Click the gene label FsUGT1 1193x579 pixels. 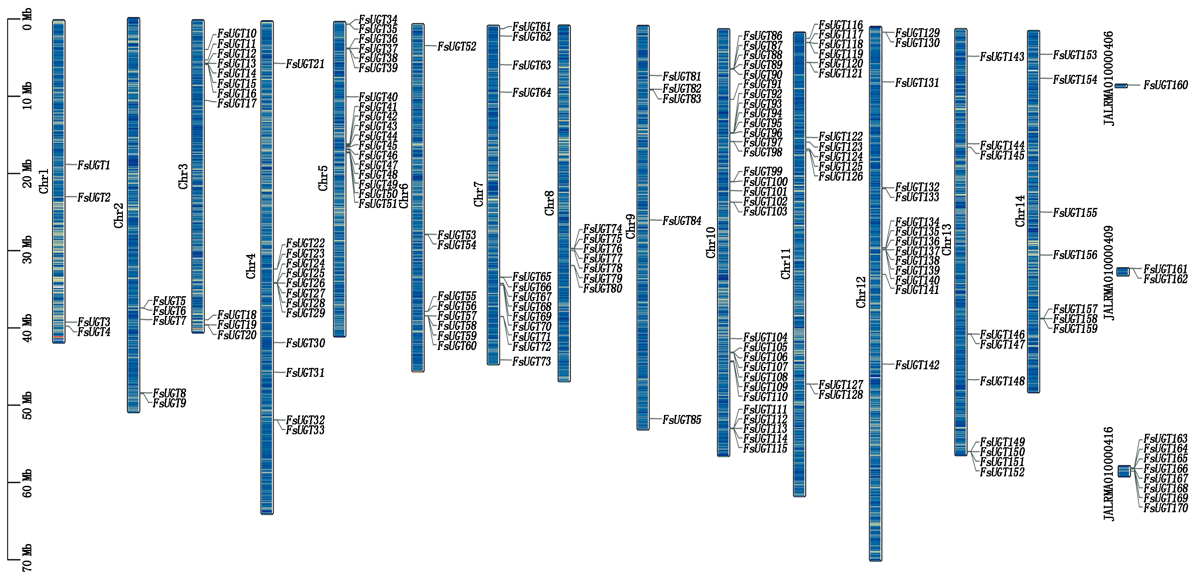pos(94,165)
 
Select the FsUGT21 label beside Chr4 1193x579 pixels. pos(305,64)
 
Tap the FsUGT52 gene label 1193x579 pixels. pos(457,46)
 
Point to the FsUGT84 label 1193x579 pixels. pos(682,221)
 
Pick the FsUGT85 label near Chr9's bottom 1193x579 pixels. pos(682,420)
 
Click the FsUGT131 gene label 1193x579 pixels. pos(917,83)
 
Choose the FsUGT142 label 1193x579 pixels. pos(917,365)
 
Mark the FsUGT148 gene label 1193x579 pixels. pos(1002,381)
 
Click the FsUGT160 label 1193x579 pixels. pos(1166,85)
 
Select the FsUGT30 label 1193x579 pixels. pos(305,343)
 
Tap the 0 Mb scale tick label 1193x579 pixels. pos(27,19)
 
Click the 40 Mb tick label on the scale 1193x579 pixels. pos(27,328)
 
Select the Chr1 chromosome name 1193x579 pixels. pos(43,181)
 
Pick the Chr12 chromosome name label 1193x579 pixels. pos(860,292)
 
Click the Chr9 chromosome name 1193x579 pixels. pos(630,226)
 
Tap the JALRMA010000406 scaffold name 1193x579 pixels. pos(1109,78)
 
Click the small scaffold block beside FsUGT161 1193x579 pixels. pos(1123,272)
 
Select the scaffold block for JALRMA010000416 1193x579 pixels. pos(1124,471)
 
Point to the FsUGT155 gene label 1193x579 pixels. pos(1075,213)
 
